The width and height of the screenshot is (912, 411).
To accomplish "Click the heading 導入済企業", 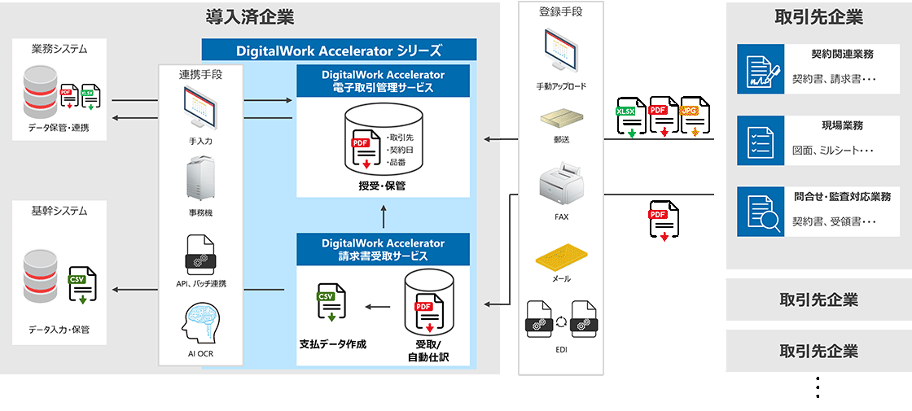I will coord(249,16).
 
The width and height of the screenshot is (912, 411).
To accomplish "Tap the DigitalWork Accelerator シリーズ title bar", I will coord(338,50).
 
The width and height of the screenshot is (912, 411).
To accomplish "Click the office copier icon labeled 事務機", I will coord(200,177).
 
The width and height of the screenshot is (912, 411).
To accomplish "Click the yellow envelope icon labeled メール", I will coord(561,256).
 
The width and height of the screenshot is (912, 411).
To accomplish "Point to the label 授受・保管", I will coord(383,186).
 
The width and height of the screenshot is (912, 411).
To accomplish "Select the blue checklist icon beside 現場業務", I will coord(760,139).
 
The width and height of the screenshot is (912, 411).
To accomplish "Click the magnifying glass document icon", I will coord(760,212).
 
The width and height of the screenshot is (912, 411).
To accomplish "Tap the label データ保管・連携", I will coord(59,128).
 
